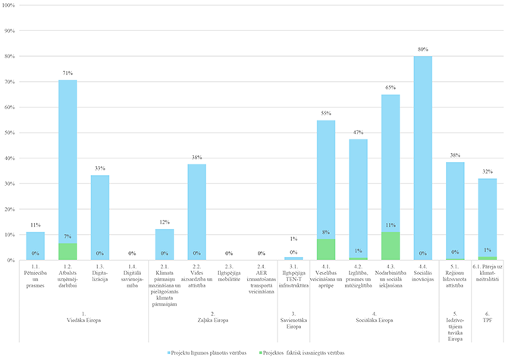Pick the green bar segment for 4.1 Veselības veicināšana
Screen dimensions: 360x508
pyautogui.click(x=326, y=250)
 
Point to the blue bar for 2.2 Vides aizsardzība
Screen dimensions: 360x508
pyautogui.click(x=197, y=205)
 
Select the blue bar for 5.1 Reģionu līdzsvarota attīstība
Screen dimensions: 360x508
pyautogui.click(x=455, y=205)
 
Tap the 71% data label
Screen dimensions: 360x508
pyautogui.click(x=68, y=74)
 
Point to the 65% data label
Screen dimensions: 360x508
pyautogui.click(x=390, y=89)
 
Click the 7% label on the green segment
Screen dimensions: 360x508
pyautogui.click(x=68, y=237)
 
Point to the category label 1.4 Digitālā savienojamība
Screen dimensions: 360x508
pyautogui.click(x=132, y=277)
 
